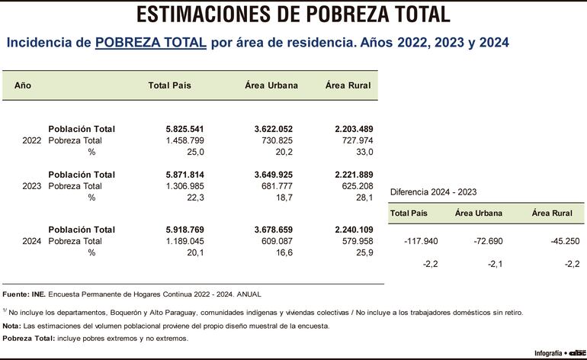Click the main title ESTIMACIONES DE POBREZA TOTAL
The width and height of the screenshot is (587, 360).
tap(293, 14)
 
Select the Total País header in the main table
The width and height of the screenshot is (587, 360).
tap(169, 85)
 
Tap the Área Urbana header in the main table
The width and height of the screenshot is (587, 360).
tap(271, 85)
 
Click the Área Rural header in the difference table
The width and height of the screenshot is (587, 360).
tap(552, 214)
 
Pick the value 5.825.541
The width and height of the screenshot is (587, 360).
tap(185, 129)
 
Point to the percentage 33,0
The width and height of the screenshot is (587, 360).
tap(361, 153)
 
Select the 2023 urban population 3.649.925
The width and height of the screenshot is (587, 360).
tap(269, 175)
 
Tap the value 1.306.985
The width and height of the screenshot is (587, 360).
tap(185, 186)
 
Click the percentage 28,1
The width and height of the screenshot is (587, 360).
tap(361, 198)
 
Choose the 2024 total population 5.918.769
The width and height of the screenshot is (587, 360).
tap(185, 230)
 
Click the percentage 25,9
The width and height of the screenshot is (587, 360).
tap(361, 252)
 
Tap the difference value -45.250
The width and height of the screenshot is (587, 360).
tap(565, 241)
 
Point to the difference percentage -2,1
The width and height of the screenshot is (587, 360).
tap(492, 264)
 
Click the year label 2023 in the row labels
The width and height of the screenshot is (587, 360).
tap(32, 186)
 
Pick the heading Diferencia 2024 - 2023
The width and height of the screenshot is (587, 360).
tap(433, 192)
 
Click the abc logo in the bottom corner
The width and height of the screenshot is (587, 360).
tap(576, 353)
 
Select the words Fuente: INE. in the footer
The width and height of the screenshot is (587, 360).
tap(24, 294)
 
